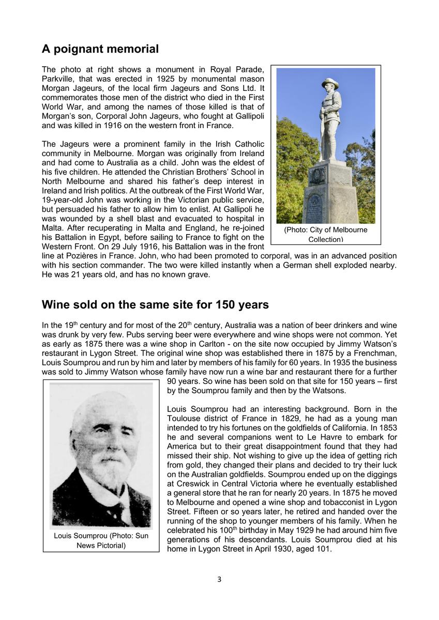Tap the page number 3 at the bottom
tap(219, 579)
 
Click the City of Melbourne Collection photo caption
tap(326, 234)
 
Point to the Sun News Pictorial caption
tap(101, 540)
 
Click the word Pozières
tap(96, 256)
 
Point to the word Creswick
tap(190, 484)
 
